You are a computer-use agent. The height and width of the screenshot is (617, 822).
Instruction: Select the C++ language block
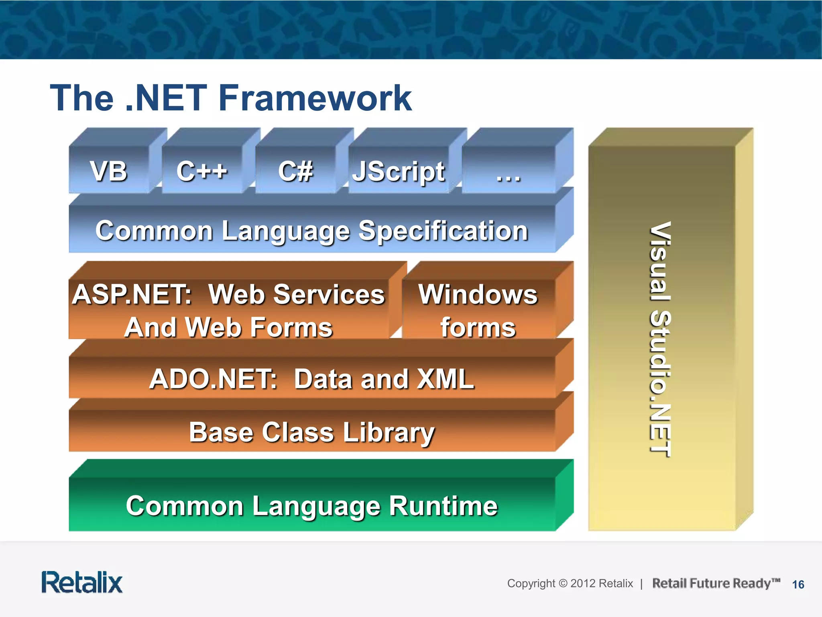[x=202, y=171]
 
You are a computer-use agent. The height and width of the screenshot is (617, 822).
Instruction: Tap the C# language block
[x=295, y=171]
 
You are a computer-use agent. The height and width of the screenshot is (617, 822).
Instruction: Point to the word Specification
[x=443, y=231]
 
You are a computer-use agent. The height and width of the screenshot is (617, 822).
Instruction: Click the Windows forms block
[x=478, y=310]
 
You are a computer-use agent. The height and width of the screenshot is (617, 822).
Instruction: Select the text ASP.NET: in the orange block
[x=132, y=294]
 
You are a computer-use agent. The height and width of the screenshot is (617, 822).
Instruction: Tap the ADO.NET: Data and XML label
[x=311, y=379]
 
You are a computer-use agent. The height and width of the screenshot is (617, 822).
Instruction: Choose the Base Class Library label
[x=311, y=432]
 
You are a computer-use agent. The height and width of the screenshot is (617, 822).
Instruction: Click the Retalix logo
[x=82, y=582]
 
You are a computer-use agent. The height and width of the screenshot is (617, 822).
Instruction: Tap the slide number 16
[x=798, y=584]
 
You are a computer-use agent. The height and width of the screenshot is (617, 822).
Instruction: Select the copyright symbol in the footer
[x=563, y=583]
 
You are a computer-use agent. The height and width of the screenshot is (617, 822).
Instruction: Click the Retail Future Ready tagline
[x=716, y=583]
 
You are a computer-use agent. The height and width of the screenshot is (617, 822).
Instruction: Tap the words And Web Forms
[x=228, y=327]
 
